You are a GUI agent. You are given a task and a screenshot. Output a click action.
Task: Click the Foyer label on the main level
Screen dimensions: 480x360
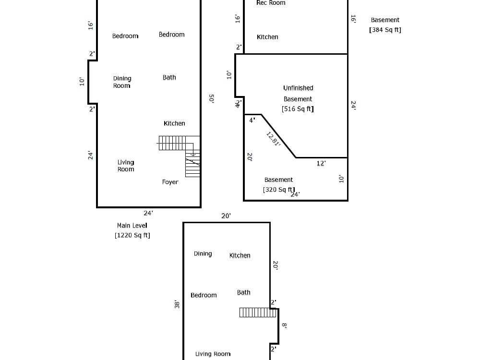[x=170, y=182]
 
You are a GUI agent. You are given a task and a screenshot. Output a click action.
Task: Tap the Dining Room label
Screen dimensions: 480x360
[x=122, y=82]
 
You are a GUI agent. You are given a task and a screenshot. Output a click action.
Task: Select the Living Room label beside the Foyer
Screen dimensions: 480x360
[x=126, y=166]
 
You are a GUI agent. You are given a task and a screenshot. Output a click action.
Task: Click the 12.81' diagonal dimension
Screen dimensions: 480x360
[x=273, y=139]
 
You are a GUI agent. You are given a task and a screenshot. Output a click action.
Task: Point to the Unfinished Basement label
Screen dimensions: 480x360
[x=298, y=94]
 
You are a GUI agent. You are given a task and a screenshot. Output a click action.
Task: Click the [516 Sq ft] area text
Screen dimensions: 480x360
[x=298, y=108]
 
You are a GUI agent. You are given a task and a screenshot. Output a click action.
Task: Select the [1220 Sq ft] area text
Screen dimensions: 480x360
[x=132, y=235]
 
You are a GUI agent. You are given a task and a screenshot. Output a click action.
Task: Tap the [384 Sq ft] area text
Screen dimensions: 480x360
[x=385, y=30]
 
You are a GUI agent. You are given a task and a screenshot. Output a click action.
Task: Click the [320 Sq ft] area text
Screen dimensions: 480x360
[x=279, y=190]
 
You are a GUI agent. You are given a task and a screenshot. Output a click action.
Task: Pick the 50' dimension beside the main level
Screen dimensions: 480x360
[x=211, y=98]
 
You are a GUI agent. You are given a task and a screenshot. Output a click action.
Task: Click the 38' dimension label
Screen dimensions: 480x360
[x=177, y=304]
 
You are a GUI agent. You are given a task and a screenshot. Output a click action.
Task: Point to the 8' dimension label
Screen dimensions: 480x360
[x=284, y=326]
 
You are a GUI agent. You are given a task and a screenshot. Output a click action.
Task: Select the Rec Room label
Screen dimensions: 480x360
[x=271, y=3]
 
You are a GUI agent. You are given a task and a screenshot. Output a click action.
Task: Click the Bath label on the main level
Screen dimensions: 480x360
[x=169, y=77]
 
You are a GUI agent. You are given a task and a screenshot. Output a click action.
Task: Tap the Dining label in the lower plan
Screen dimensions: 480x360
[x=203, y=254]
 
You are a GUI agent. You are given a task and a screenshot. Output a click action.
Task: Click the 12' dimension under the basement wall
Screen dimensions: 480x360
[x=321, y=164]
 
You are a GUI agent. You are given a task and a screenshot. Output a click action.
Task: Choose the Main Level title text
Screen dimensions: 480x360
[x=132, y=226]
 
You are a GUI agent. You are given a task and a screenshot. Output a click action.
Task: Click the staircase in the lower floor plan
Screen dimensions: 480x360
[x=258, y=312]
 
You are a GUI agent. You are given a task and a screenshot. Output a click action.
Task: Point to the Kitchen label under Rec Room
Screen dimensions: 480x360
[x=267, y=37]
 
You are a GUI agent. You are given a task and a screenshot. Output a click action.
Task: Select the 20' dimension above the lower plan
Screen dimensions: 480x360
[x=226, y=216]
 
